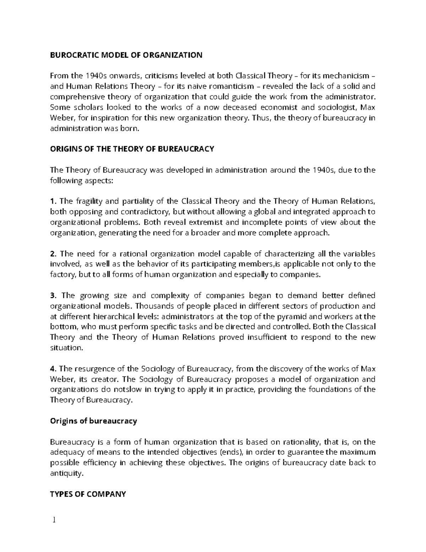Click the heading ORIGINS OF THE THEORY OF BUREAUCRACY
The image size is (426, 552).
coord(132,149)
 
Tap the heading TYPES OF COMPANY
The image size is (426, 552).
coord(88,494)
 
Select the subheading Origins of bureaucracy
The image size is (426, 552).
coord(93,421)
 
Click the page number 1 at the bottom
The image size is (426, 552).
coord(54,520)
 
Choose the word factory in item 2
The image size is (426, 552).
coord(61,275)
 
